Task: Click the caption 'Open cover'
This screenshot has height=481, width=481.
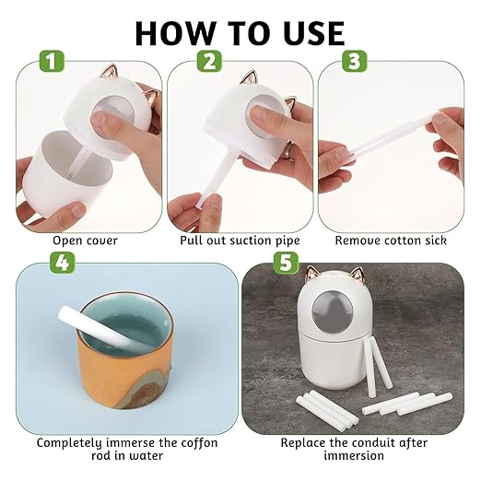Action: coord(84,240)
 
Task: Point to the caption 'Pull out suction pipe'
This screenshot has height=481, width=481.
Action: coord(240,240)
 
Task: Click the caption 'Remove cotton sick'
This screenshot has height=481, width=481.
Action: coord(391,240)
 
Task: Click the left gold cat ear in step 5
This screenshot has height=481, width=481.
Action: coord(311,274)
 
